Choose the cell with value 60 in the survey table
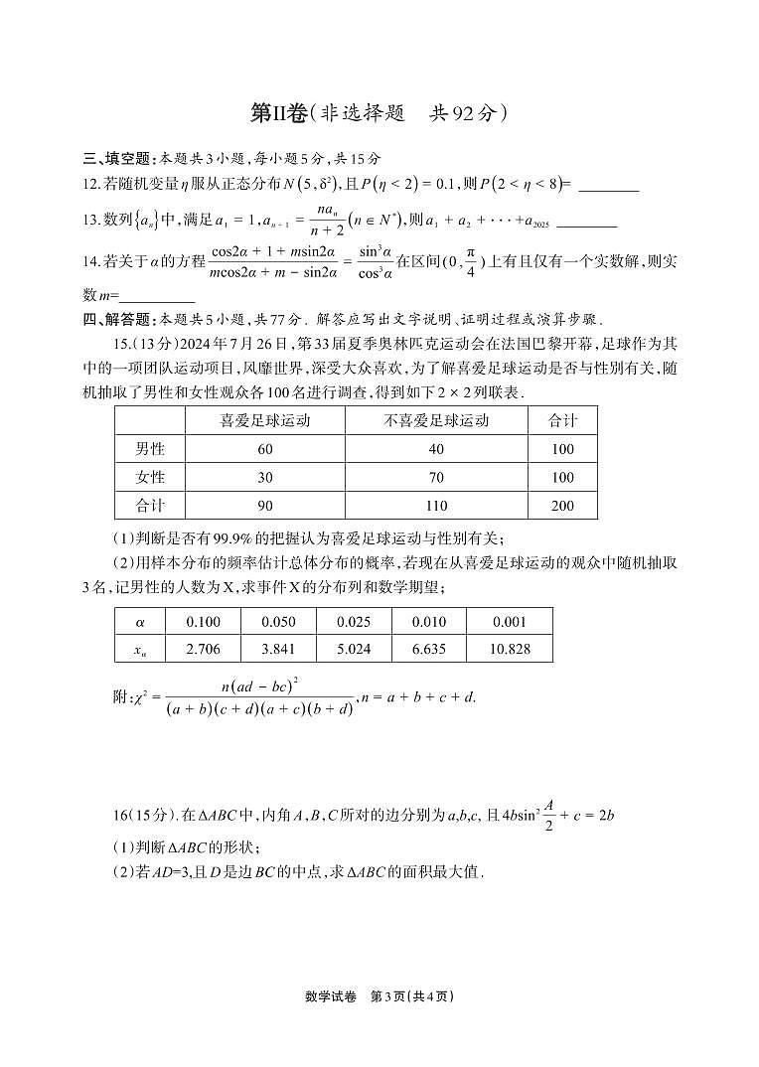[264, 449]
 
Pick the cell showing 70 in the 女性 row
[436, 477]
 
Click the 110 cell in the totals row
[436, 505]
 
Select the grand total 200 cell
[562, 505]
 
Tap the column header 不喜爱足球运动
[436, 420]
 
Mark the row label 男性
[150, 449]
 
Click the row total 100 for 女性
[562, 477]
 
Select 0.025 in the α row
[354, 622]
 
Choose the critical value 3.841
[278, 649]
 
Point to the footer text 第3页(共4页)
[412, 996]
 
